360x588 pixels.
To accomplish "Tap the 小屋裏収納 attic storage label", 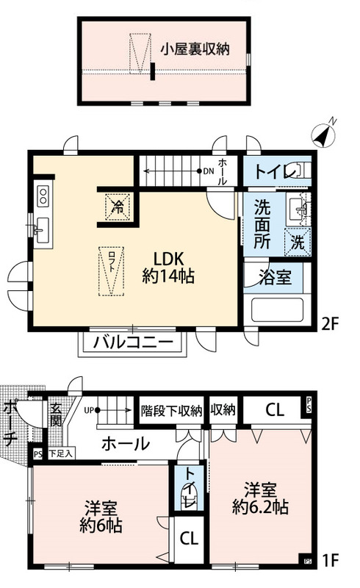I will point(195,49).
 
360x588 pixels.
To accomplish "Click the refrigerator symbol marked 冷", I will point(117,204).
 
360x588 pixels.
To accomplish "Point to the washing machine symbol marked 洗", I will point(299,240).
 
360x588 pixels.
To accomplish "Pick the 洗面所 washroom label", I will point(262,223).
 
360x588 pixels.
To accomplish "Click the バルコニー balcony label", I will point(134,343).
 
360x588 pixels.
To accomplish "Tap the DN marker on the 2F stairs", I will point(209,172).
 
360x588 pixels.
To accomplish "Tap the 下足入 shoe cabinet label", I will point(61,453).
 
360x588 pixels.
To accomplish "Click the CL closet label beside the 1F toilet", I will point(190,537).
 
